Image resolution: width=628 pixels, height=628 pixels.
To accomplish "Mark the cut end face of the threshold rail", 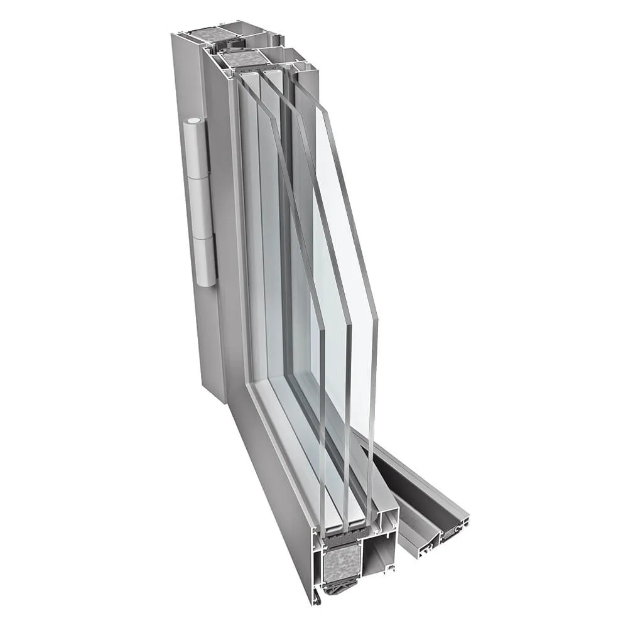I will coord(433,538).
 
